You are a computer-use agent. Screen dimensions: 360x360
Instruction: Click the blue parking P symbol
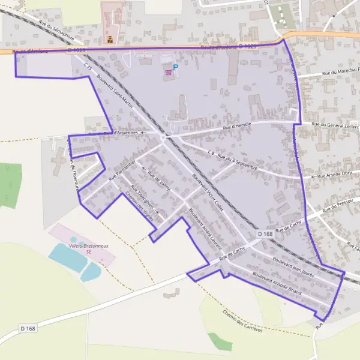click(175, 67)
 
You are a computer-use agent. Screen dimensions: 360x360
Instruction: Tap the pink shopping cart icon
click(168, 73)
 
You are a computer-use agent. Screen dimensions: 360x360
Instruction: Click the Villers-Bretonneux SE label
click(84, 249)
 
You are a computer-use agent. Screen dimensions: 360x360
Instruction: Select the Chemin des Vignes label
click(139, 207)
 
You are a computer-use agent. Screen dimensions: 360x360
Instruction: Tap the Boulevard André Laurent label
click(205, 229)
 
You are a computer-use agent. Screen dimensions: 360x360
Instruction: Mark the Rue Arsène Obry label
click(335, 175)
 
